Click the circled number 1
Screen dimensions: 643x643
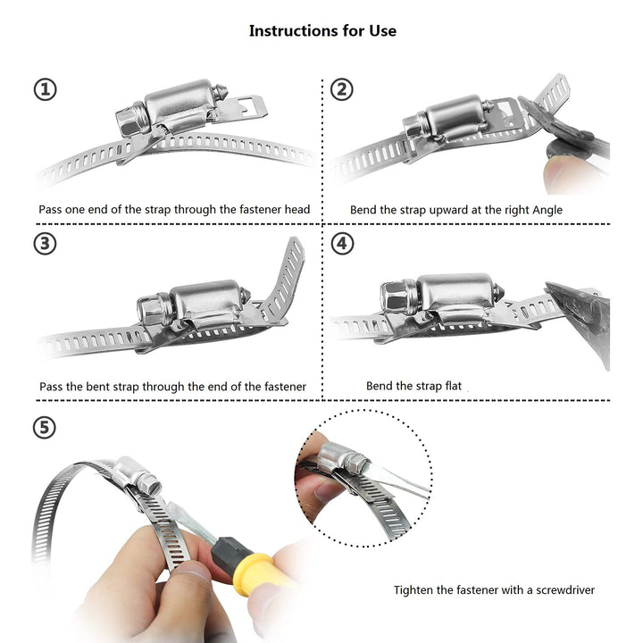(46, 90)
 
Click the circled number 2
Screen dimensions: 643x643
(341, 89)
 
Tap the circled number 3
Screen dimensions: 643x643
(45, 244)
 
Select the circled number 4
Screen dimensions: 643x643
(342, 244)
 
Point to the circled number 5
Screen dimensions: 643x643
(45, 428)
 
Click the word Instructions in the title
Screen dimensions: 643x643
(290, 30)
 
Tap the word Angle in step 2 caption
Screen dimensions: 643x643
(547, 211)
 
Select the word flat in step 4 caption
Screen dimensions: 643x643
(454, 386)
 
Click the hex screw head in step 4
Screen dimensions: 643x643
(396, 296)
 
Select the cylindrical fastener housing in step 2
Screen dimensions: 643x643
(455, 116)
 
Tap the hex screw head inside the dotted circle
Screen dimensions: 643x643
(357, 464)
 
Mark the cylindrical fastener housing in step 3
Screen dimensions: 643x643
(206, 302)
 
